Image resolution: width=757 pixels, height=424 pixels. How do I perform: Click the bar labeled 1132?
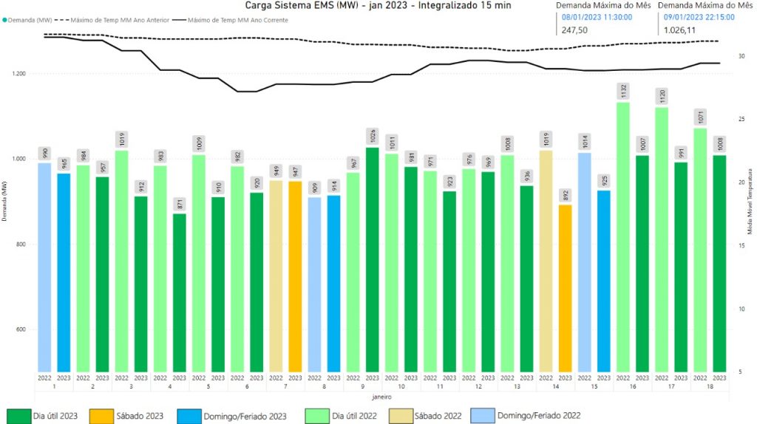(x=623, y=236)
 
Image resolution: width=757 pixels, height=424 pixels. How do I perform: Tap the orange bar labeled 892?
(x=565, y=288)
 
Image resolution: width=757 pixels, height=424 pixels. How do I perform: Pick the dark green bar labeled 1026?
(x=372, y=259)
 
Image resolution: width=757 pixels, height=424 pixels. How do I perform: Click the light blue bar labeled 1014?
(x=585, y=261)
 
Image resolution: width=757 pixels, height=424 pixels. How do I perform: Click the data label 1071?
(x=700, y=116)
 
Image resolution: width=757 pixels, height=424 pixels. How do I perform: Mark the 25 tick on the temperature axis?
(x=741, y=119)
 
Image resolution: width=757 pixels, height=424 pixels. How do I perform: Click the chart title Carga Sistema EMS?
(x=378, y=5)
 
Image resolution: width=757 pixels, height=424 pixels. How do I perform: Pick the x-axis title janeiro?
(x=381, y=397)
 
